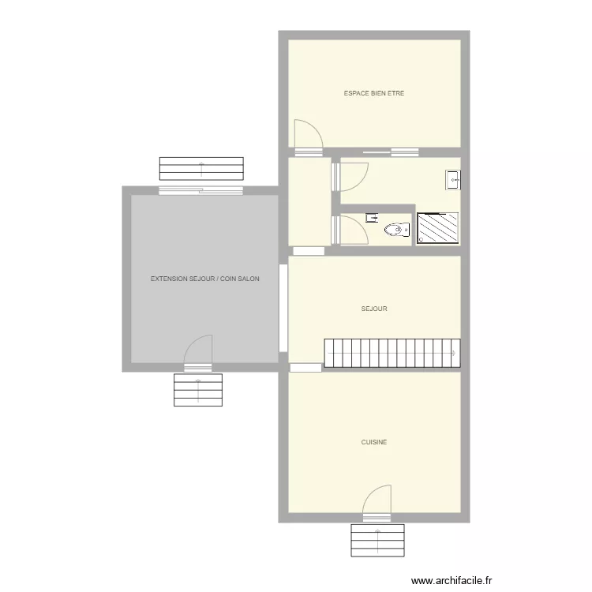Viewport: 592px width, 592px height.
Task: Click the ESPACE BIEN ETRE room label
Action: click(x=374, y=93)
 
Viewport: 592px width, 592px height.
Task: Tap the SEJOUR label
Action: click(x=374, y=309)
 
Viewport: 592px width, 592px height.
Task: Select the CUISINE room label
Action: click(x=374, y=442)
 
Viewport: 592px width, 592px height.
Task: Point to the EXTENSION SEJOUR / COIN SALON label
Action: click(x=204, y=279)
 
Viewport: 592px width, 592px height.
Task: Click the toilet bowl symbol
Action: click(x=397, y=230)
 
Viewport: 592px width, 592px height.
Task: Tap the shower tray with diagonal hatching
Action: click(x=437, y=228)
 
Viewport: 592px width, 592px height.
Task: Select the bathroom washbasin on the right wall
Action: click(x=453, y=180)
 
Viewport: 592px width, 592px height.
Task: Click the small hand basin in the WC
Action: click(x=372, y=218)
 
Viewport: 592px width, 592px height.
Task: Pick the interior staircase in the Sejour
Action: click(x=392, y=353)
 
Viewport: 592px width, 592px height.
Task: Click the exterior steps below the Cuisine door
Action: click(x=377, y=540)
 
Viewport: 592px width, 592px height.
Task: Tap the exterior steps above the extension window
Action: click(x=201, y=169)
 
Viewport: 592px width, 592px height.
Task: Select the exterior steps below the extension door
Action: click(x=198, y=390)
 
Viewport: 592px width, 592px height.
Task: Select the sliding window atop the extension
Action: click(x=200, y=191)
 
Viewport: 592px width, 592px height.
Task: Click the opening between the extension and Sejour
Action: click(x=283, y=308)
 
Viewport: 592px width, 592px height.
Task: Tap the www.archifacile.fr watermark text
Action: click(x=451, y=580)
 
